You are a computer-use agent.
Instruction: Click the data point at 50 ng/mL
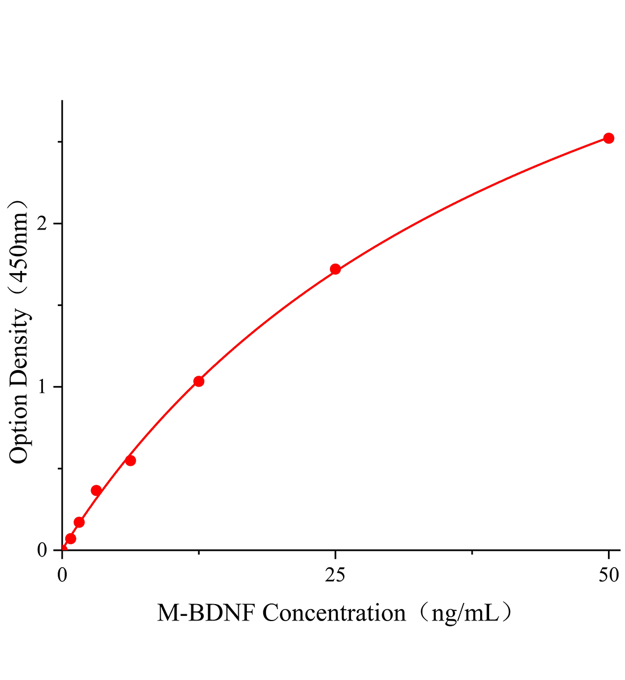[609, 138]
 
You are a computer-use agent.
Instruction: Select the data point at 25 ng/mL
[335, 269]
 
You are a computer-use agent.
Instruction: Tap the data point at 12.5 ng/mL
[199, 381]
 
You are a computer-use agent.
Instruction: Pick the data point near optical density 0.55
[130, 460]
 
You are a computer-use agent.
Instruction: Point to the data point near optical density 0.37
[96, 490]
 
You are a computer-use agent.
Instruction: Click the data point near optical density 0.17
[79, 522]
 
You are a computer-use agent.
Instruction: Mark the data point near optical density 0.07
[71, 538]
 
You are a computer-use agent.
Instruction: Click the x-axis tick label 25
[335, 576]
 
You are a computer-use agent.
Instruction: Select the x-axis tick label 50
[609, 576]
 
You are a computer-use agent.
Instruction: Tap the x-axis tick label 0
[62, 576]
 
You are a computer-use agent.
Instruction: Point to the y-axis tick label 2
[41, 224]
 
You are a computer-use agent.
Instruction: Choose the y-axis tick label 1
[41, 387]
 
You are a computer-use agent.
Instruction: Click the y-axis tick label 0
[41, 550]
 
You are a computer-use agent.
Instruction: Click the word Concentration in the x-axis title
[335, 613]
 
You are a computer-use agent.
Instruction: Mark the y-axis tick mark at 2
[58, 224]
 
